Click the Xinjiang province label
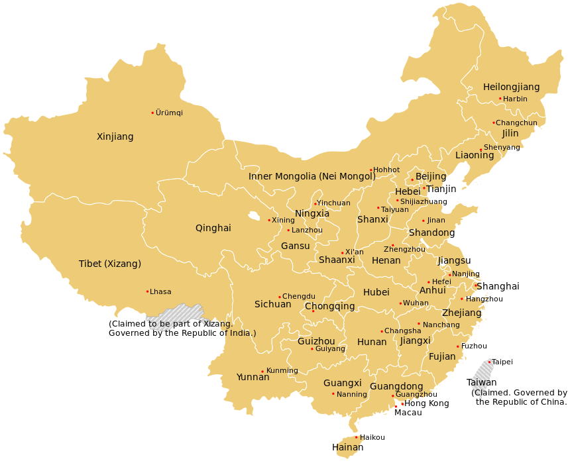point(115,137)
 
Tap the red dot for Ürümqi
point(152,113)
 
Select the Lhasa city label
point(160,291)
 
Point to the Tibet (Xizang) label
point(110,264)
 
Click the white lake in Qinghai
point(254,215)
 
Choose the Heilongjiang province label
point(511,87)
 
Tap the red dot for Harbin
point(500,99)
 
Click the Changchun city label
point(516,123)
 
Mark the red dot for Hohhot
point(370,170)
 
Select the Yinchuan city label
point(333,203)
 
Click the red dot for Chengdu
point(280,297)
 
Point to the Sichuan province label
point(272,305)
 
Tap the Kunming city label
point(282,370)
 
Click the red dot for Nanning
point(333,394)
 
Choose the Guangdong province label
point(396,386)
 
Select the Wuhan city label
point(416,303)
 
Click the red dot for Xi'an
point(342,252)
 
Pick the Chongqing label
point(329,307)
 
